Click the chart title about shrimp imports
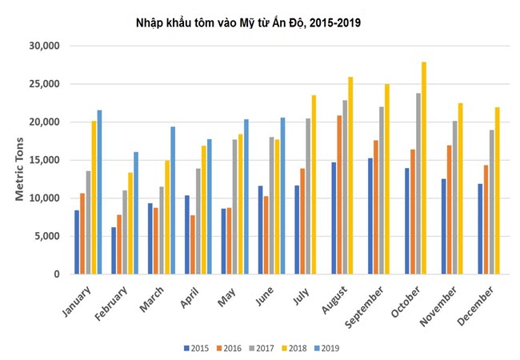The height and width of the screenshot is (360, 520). coord(248,23)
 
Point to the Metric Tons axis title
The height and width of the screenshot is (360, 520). coord(22,160)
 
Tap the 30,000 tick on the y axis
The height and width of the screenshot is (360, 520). coord(43,46)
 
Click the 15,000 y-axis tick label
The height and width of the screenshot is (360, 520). coord(43,160)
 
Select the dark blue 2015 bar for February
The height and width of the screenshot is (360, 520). coord(114,250)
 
